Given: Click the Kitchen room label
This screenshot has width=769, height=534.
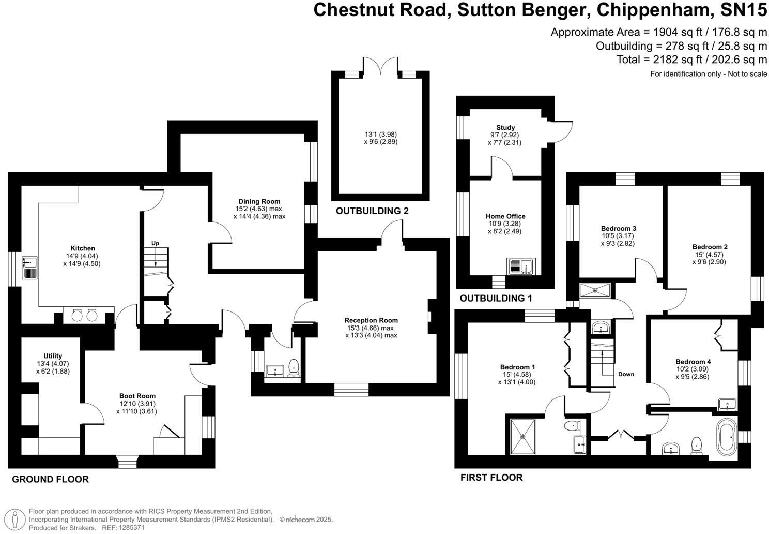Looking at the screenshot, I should [83, 248].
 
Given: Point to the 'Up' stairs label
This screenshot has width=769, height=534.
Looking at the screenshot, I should [155, 243].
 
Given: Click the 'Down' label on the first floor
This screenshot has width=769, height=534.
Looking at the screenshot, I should [626, 374].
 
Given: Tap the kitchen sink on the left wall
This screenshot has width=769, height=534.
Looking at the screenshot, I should [29, 268].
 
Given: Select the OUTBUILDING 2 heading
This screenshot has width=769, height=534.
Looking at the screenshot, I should [372, 211].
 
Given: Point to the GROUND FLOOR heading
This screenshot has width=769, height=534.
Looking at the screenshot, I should [50, 479].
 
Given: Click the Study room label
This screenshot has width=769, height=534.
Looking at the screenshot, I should [505, 127].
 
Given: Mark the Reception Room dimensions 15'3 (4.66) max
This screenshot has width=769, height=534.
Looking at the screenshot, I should [371, 328].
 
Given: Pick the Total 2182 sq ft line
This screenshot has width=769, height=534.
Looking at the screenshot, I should [691, 60].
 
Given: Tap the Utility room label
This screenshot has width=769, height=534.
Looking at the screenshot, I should [53, 356].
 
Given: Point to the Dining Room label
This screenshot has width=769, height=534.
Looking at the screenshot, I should [259, 201].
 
